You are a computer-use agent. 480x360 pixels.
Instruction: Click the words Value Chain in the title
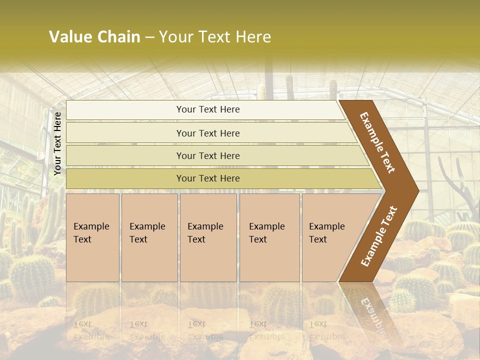94,37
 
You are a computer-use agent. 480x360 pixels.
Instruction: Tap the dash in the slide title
149,37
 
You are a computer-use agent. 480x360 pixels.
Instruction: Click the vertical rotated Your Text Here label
57,143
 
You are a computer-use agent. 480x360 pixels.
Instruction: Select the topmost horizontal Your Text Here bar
208,109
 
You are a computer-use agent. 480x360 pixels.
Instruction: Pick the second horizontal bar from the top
208,133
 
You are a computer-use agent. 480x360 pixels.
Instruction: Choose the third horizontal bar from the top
208,155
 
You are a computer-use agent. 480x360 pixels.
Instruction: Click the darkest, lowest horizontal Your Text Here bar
208,178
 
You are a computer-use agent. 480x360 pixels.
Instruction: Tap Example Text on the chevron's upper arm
377,142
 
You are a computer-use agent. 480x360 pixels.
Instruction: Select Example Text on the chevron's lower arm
378,236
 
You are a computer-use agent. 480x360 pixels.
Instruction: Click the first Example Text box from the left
92,237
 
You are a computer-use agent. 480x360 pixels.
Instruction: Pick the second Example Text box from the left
149,237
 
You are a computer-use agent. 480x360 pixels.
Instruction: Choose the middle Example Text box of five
208,237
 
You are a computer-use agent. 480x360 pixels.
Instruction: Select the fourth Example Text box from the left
269,237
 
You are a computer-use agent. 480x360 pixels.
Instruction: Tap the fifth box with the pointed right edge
330,237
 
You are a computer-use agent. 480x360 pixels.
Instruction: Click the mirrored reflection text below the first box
91,330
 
